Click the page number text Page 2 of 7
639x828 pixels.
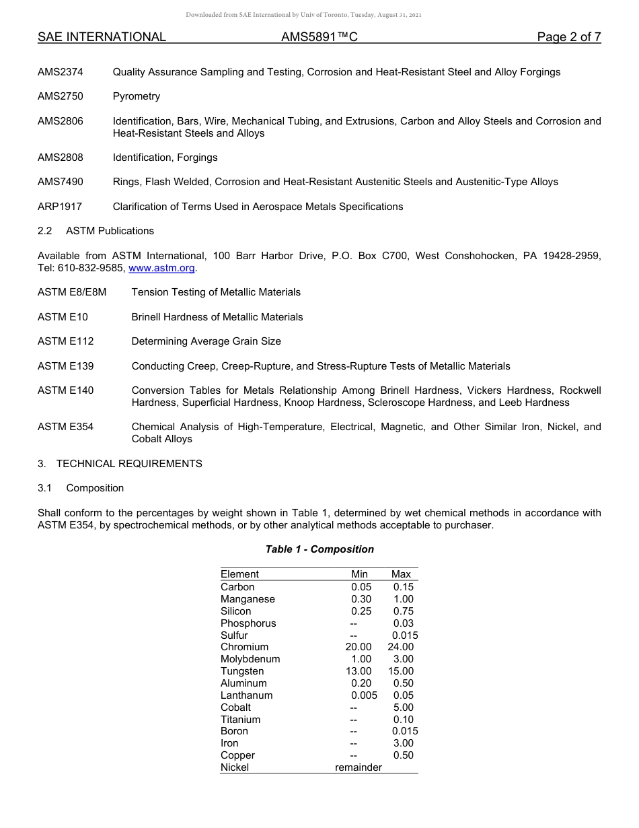(x=568, y=37)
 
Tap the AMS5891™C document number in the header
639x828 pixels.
(x=319, y=37)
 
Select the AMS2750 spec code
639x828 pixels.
(x=61, y=96)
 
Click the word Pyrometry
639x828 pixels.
(x=137, y=96)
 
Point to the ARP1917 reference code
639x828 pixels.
(x=60, y=207)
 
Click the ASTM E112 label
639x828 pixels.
(x=66, y=341)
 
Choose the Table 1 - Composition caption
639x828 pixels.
(x=319, y=549)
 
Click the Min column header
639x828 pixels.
(x=360, y=574)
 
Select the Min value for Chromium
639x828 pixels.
(x=359, y=647)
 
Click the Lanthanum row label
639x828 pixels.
(x=247, y=695)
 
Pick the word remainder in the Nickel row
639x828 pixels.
(x=359, y=767)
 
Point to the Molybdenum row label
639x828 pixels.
(x=250, y=659)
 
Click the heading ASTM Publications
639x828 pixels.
(x=110, y=231)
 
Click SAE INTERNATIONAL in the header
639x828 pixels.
(x=102, y=37)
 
